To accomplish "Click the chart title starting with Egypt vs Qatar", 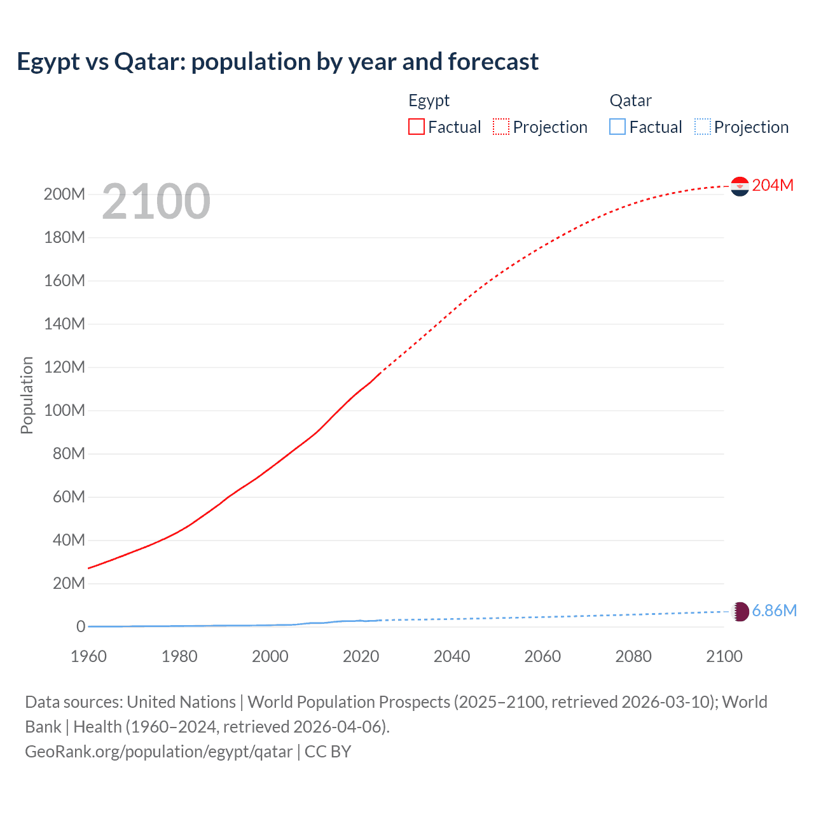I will (x=277, y=62).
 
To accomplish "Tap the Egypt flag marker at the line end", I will (x=740, y=186).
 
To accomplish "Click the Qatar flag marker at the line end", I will (x=740, y=611).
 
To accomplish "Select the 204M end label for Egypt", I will (x=773, y=185).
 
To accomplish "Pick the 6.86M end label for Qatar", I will (x=774, y=610).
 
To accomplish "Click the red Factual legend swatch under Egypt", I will (x=417, y=127).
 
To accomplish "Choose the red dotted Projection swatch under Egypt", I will (x=501, y=127).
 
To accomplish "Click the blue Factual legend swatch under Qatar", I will (x=617, y=127).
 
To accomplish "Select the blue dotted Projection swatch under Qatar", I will (x=703, y=127).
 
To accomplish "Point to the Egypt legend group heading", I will (x=429, y=100).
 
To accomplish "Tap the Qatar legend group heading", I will (x=630, y=100).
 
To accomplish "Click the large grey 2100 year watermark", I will (x=156, y=202).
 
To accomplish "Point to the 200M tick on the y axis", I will (x=64, y=194).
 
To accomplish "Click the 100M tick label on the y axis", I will (x=64, y=410).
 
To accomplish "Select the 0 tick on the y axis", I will (x=81, y=626).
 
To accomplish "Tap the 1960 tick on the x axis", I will (x=88, y=656).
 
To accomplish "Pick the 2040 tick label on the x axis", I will (x=452, y=656).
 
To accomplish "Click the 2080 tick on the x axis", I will (x=633, y=656).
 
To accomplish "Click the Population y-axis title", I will (x=27, y=395).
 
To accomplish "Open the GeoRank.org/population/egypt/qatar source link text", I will (x=158, y=752).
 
